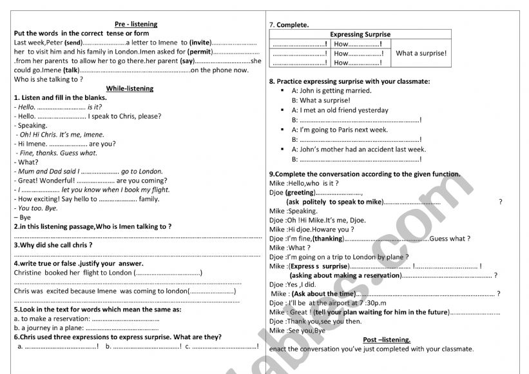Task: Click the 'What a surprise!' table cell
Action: (x=421, y=54)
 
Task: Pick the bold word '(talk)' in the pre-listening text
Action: (x=70, y=70)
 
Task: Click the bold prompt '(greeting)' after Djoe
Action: (x=301, y=192)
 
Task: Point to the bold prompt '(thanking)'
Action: (x=327, y=239)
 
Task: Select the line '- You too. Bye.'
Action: (x=37, y=208)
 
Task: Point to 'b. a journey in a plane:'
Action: (x=48, y=328)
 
